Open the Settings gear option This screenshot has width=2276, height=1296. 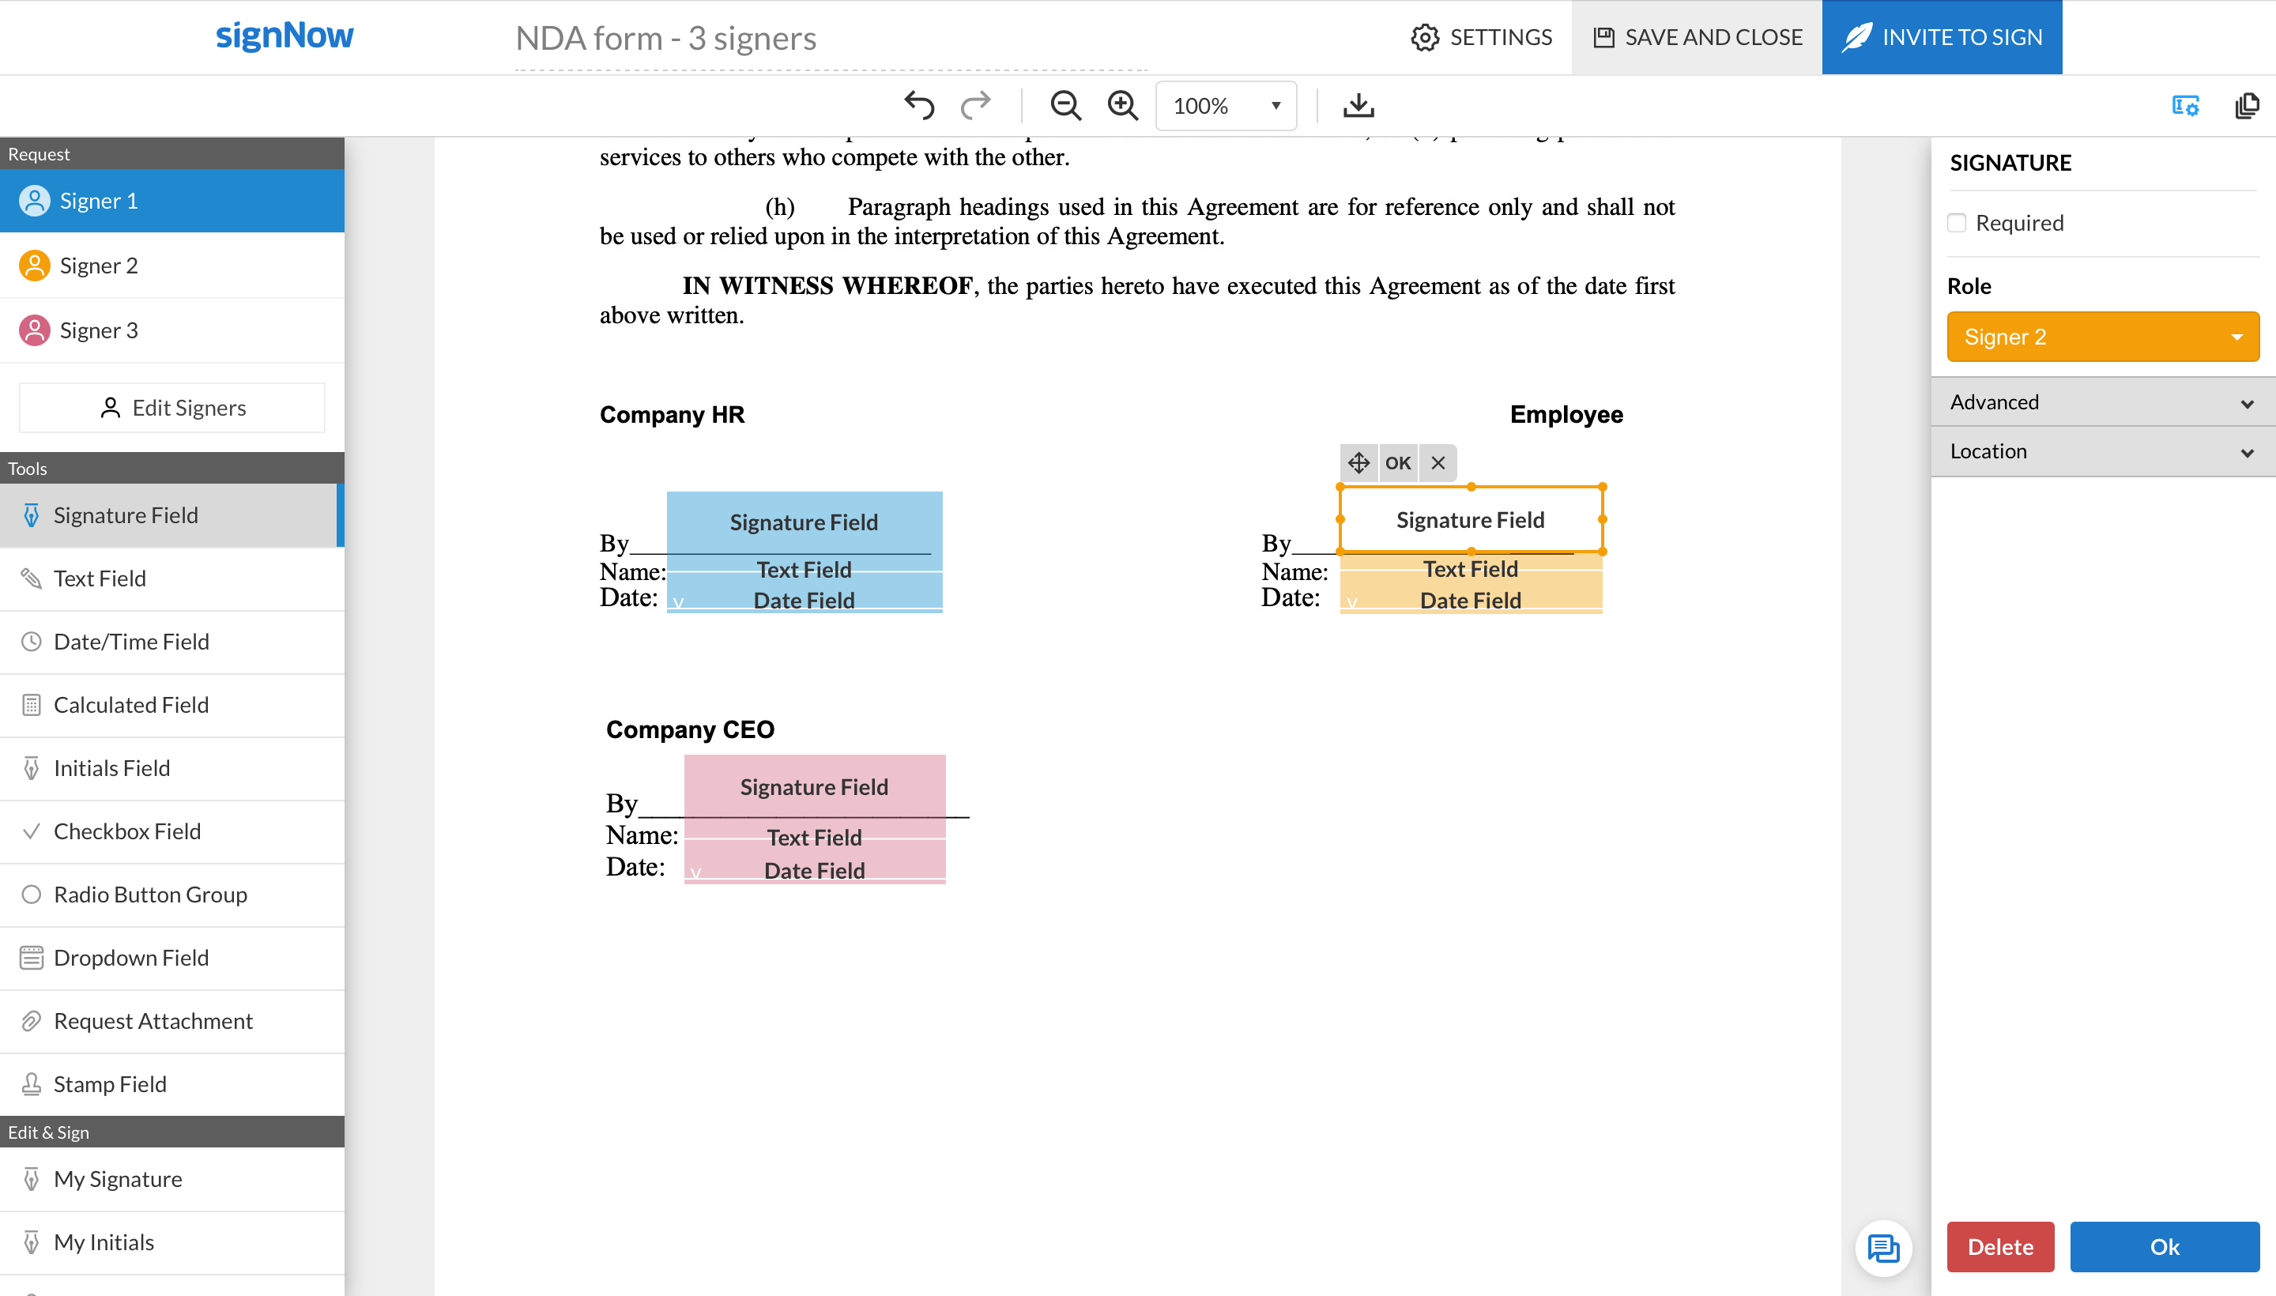click(x=1481, y=37)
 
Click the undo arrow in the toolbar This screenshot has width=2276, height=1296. click(x=918, y=105)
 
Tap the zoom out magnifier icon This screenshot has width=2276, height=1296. click(x=1065, y=105)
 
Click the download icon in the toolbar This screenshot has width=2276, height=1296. click(x=1358, y=105)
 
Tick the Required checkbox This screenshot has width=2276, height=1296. click(x=1957, y=223)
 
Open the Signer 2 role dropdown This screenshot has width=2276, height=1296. click(x=2102, y=337)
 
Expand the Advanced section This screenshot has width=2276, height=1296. click(x=2102, y=402)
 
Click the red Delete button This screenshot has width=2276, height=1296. click(x=2000, y=1246)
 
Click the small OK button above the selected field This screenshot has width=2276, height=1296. click(x=1397, y=463)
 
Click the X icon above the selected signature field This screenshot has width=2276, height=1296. click(x=1438, y=463)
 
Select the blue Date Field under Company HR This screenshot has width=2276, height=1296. click(x=804, y=601)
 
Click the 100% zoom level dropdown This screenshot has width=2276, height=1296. click(x=1226, y=106)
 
